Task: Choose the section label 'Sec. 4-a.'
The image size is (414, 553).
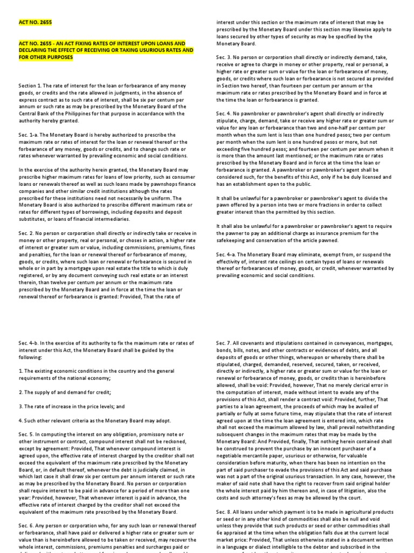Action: tap(227, 254)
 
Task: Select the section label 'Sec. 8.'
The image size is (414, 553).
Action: tap(225, 510)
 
